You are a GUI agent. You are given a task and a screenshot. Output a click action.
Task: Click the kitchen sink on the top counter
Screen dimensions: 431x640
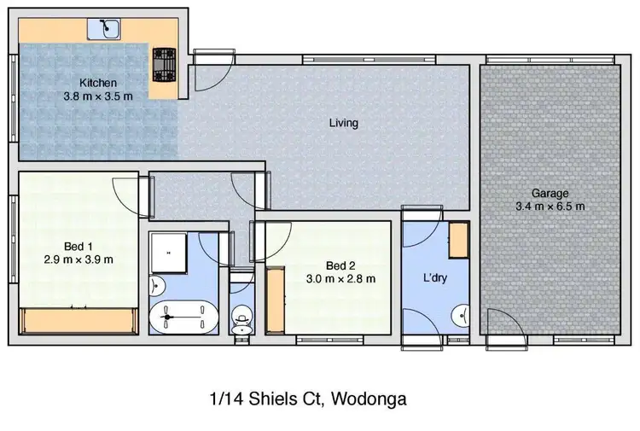107,29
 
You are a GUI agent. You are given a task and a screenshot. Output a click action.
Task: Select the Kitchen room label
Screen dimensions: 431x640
98,83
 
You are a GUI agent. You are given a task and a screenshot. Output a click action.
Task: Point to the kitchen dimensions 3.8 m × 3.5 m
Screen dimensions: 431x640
98,96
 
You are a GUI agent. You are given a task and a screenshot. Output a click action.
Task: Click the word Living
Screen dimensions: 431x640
343,123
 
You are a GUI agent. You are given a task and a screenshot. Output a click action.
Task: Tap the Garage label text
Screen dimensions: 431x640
550,193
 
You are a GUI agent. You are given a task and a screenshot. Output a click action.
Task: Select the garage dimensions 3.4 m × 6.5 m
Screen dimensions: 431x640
550,206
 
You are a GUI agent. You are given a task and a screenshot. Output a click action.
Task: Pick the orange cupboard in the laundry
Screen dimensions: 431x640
459,240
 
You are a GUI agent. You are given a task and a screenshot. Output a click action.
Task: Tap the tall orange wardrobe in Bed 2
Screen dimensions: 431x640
275,300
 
